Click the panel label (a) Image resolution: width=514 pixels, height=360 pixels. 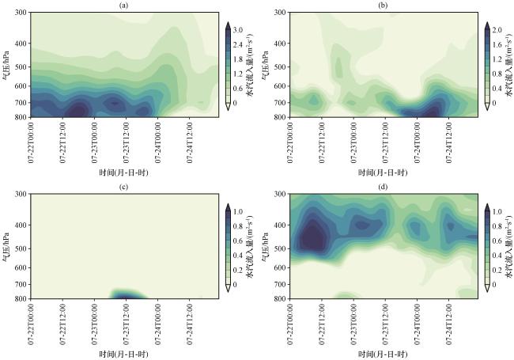(x=123, y=5)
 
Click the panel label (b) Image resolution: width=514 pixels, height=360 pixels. (x=383, y=5)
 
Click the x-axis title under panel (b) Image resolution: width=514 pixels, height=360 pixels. (x=383, y=172)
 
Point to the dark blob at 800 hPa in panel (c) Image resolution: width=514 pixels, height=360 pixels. (x=125, y=296)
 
